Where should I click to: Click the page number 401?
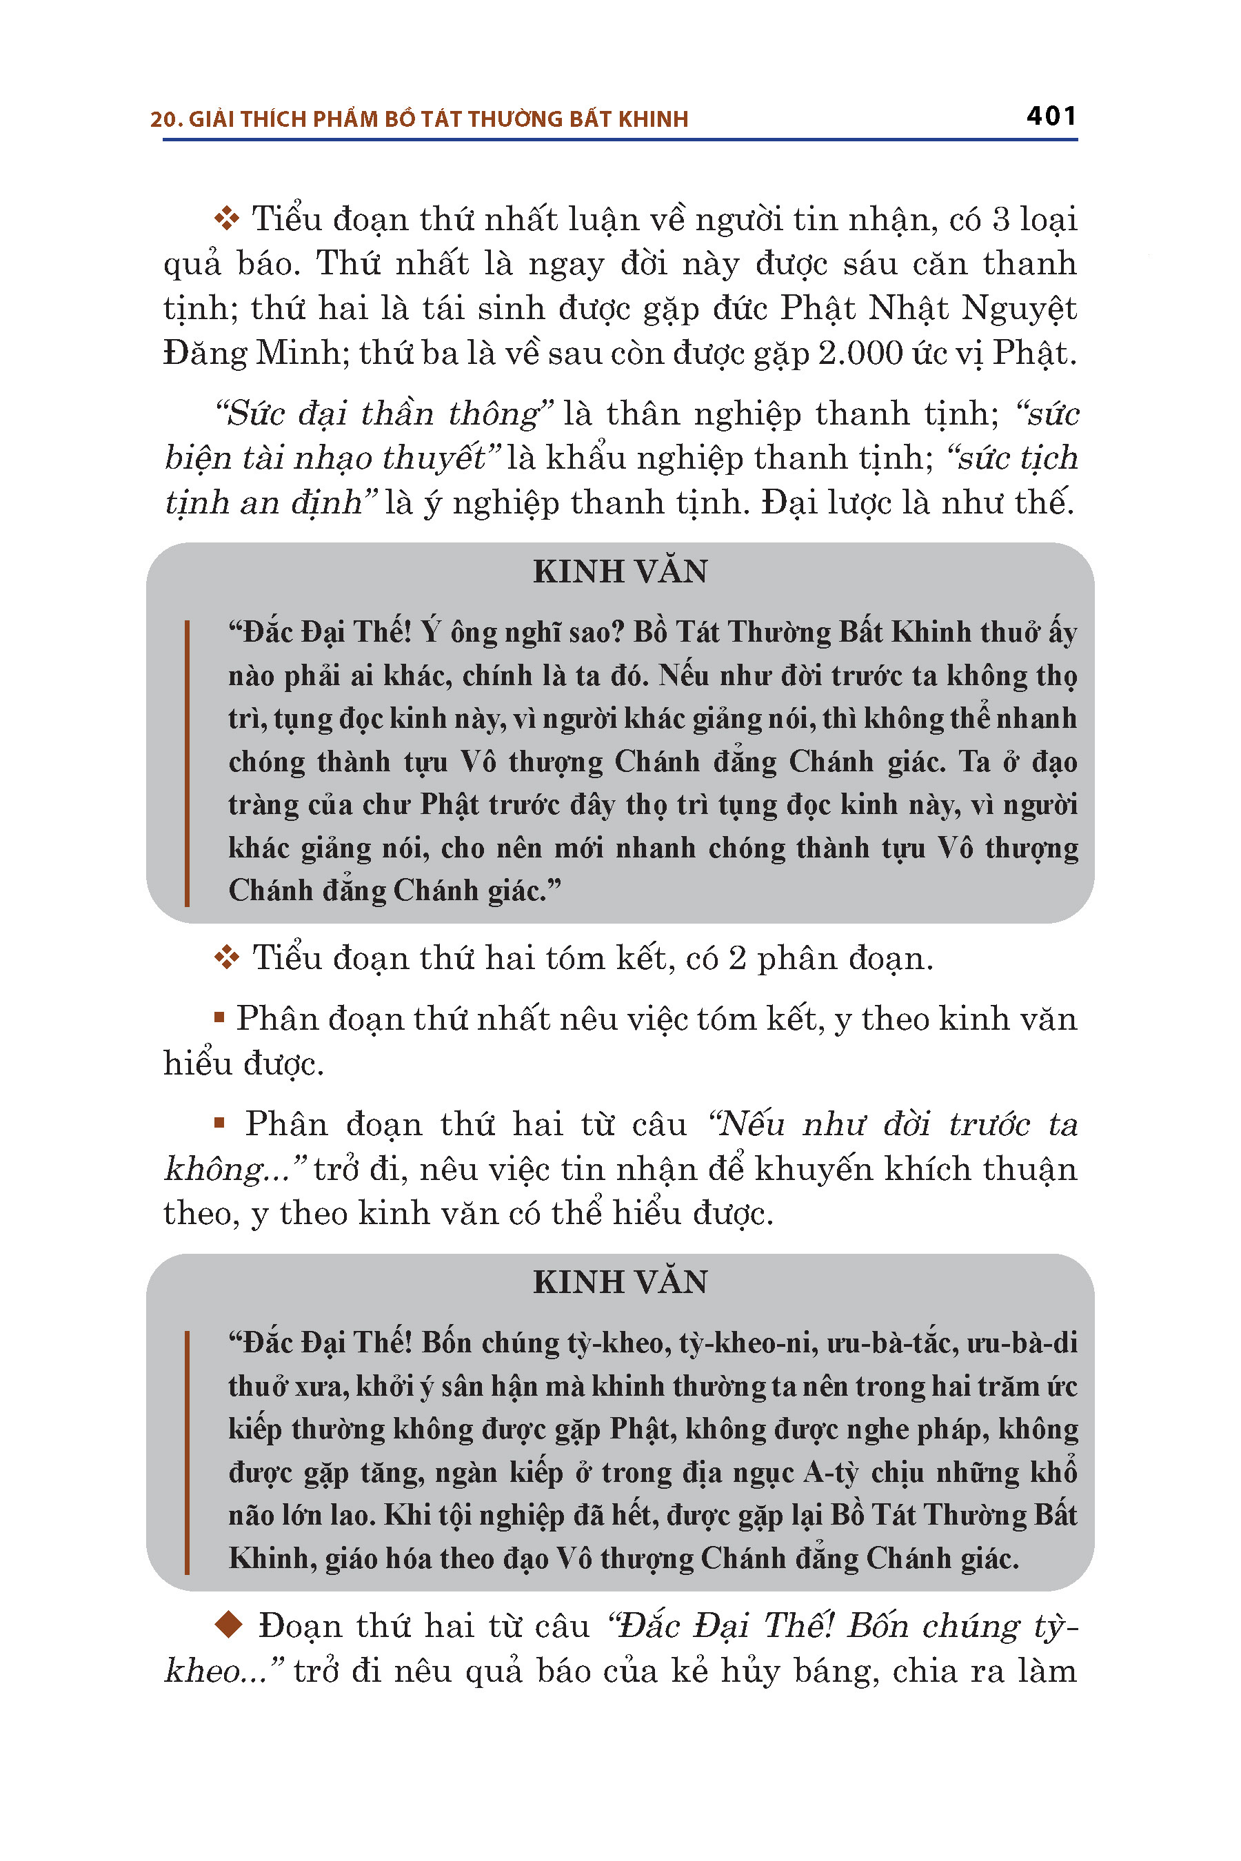(1050, 116)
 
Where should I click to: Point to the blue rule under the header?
(620, 140)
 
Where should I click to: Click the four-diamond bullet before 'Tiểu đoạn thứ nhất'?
(227, 218)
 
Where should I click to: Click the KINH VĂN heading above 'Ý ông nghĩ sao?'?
(620, 572)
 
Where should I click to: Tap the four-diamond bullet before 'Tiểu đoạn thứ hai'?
(227, 958)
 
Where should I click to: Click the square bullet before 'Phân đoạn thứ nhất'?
(219, 1017)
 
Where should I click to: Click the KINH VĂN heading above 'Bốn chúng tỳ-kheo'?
(620, 1283)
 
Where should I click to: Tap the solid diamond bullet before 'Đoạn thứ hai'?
(229, 1626)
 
